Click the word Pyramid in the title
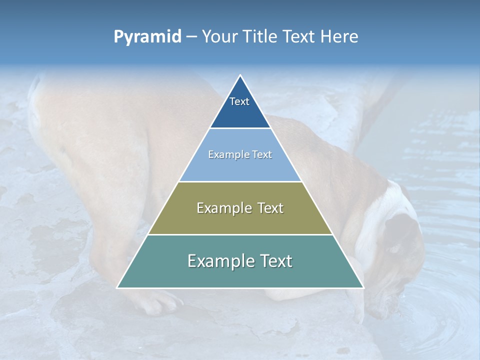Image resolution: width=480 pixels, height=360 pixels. coord(147,37)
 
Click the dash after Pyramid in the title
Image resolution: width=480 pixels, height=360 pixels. coord(191,37)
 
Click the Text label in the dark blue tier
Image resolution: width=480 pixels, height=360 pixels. coord(239,101)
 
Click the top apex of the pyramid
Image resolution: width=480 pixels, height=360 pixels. coord(240,75)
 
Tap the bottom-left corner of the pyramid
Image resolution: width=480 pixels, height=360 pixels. coord(117,287)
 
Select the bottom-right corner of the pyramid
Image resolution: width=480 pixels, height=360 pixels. coord(363,287)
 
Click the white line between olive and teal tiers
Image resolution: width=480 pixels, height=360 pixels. coord(240,234)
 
